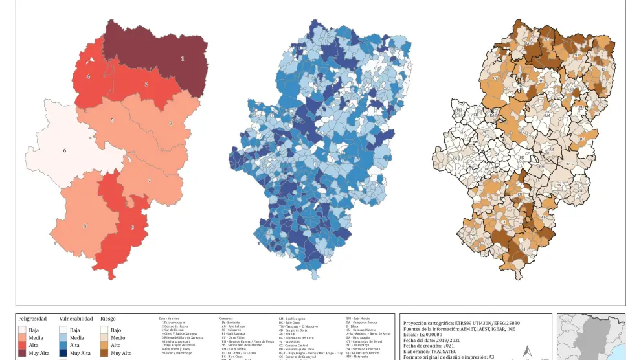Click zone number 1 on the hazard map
[182, 59]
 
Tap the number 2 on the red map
[146, 84]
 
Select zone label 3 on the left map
[171, 123]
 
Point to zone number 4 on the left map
[88, 76]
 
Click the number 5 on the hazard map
[112, 120]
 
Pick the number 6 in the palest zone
[65, 151]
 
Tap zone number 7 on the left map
[149, 181]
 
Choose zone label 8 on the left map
[84, 226]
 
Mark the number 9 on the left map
[132, 227]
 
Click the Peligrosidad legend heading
[32, 319]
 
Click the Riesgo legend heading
[108, 319]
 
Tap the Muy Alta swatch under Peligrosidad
[23, 353]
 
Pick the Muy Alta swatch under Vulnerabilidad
[63, 353]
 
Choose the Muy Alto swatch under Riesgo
[104, 353]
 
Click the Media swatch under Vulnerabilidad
[63, 337]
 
